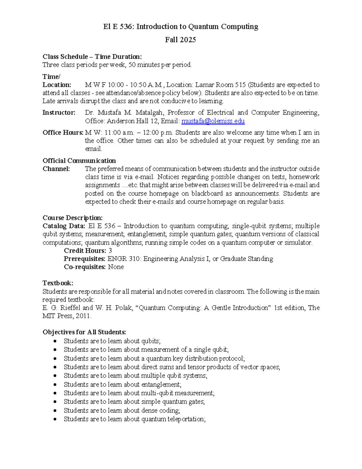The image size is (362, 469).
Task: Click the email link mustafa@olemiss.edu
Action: [x=213, y=121]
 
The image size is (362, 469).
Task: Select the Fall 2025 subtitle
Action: [x=180, y=40]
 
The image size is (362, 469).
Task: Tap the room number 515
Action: [x=240, y=85]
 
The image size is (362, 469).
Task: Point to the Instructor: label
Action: [x=59, y=113]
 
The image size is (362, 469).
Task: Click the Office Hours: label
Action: [x=63, y=133]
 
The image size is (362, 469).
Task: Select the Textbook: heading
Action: [x=58, y=283]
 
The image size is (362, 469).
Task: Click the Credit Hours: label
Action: [x=85, y=251]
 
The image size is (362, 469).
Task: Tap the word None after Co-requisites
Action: [x=116, y=267]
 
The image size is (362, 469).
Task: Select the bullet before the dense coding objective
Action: [x=55, y=410]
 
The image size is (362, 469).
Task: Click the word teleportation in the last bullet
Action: [x=187, y=419]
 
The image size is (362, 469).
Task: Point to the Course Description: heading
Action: [x=72, y=218]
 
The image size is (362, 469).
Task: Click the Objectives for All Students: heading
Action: [x=84, y=332]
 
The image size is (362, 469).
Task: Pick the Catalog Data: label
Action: [x=64, y=226]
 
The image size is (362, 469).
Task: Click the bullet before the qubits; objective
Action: [x=55, y=341]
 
